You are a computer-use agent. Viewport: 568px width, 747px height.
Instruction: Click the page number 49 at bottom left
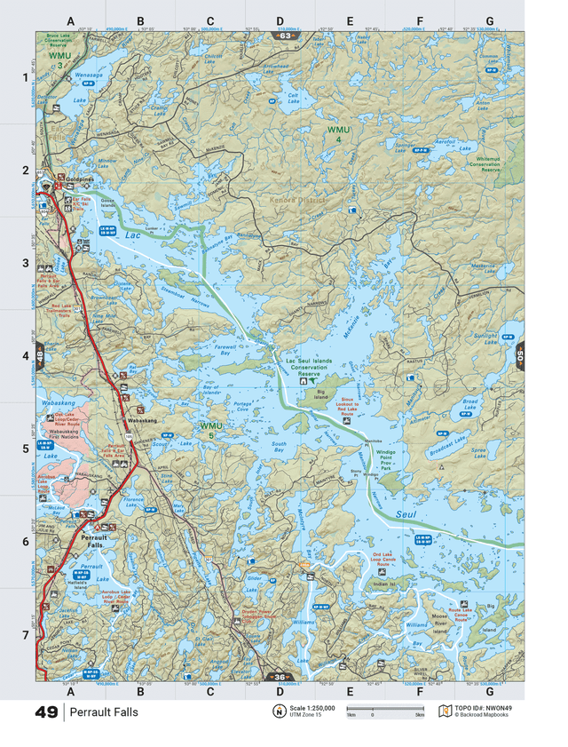[47, 712]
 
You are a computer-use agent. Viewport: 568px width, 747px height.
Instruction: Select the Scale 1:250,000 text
[305, 708]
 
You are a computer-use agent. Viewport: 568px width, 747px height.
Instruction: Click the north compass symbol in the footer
[278, 711]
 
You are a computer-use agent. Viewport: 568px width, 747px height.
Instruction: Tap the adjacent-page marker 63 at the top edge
[280, 36]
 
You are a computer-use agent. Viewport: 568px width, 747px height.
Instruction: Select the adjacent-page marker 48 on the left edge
[41, 358]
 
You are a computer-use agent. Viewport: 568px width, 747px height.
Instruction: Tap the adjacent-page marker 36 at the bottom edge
[280, 677]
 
